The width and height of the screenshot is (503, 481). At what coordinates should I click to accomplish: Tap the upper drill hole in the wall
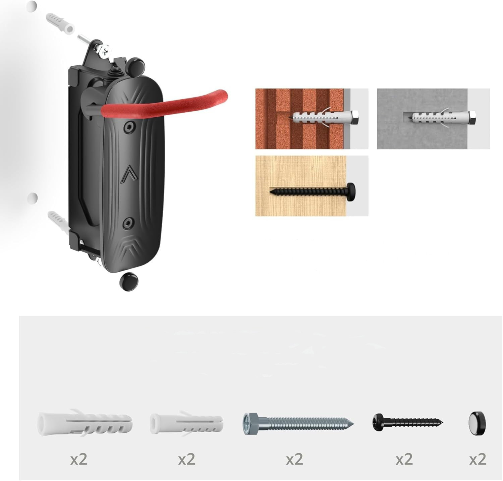(32, 6)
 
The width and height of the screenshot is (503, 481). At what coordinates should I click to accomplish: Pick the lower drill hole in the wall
(33, 197)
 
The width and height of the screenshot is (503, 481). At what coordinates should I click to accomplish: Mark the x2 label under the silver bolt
(294, 459)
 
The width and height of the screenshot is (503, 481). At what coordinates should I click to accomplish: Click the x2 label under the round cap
(478, 459)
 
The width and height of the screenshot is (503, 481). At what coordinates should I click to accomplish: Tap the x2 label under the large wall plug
(79, 459)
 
